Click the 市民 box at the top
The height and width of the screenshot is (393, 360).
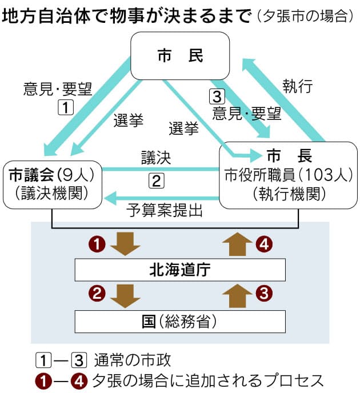180,55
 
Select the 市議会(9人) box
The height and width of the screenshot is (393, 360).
53,184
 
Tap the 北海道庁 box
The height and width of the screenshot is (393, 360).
180,270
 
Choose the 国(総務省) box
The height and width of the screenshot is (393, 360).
180,322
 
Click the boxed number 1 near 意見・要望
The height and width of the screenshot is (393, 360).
66,106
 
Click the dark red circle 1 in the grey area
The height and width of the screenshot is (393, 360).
98,244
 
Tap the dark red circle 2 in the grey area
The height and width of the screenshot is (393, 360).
98,295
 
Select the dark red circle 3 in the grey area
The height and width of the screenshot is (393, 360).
263,295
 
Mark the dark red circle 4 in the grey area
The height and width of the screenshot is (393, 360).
263,244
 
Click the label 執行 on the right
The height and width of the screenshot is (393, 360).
297,87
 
